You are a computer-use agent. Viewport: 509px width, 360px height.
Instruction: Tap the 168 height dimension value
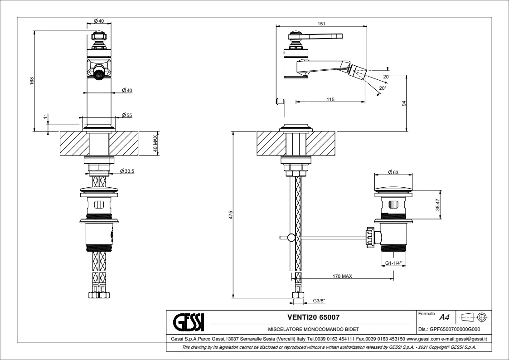[31, 81]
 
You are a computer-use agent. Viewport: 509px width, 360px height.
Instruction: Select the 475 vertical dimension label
[230, 214]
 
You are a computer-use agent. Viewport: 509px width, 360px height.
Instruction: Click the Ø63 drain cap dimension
[393, 172]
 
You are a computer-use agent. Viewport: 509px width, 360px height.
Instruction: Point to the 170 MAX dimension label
[342, 276]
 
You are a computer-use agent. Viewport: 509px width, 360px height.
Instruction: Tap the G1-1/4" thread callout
[393, 263]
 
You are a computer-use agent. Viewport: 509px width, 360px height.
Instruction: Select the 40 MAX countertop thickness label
[155, 144]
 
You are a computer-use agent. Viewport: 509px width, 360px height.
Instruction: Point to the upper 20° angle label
[386, 77]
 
